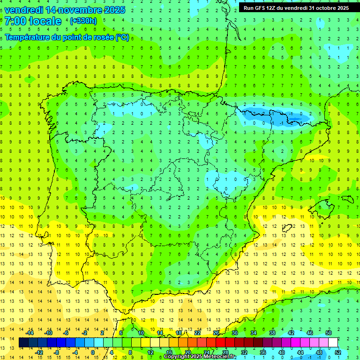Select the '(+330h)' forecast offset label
coord(83,21)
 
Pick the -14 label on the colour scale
coord(30,333)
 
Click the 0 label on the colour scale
coord(92,352)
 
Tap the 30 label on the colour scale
coord(234,333)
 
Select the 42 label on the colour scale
coord(291,333)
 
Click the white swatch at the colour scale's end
coord(333,343)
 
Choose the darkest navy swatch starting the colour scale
coord(23,343)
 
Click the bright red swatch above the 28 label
coord(220,343)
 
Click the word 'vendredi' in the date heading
coord(23,9)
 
